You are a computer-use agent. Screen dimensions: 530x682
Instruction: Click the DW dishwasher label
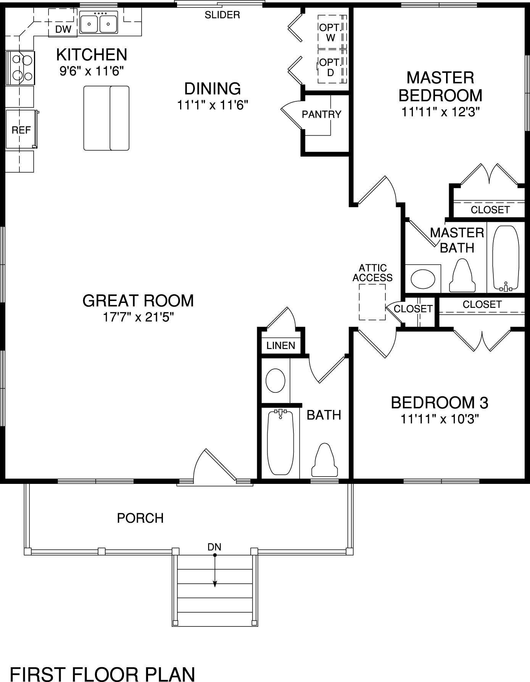[63, 29]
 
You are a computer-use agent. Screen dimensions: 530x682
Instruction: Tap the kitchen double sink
[99, 23]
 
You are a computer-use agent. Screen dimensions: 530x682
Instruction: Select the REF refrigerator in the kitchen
[21, 130]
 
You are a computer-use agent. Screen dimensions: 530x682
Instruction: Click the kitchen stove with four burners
[21, 68]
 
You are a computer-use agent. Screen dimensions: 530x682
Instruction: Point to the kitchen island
[106, 118]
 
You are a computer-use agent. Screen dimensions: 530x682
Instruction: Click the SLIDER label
[222, 15]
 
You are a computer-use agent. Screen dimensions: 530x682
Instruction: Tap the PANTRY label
[321, 114]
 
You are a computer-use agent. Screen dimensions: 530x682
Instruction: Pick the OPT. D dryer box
[331, 66]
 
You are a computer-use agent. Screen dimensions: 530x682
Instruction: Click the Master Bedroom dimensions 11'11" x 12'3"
[440, 112]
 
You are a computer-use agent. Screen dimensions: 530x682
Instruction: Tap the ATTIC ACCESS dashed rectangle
[372, 302]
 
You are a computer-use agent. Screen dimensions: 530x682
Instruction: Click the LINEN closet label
[281, 346]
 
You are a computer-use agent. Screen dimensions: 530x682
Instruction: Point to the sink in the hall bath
[275, 381]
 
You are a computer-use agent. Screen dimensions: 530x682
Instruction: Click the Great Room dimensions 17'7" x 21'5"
[138, 317]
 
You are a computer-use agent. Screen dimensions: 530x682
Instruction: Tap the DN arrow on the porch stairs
[215, 571]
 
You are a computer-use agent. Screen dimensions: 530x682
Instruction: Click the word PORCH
[140, 518]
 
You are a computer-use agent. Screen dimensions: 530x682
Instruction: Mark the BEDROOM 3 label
[440, 403]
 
